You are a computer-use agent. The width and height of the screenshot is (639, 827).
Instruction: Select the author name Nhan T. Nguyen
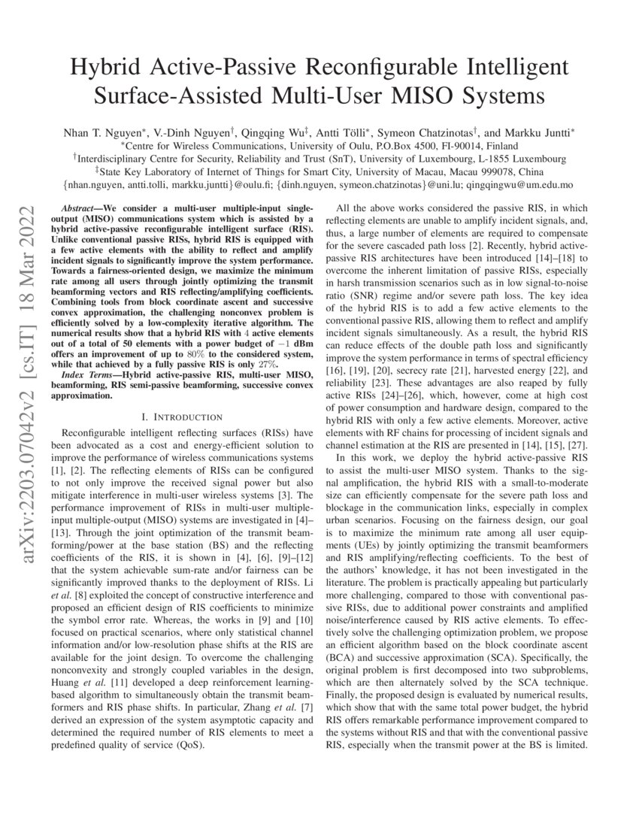click(x=101, y=132)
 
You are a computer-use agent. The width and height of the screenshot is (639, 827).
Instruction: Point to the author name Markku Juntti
click(x=540, y=132)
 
